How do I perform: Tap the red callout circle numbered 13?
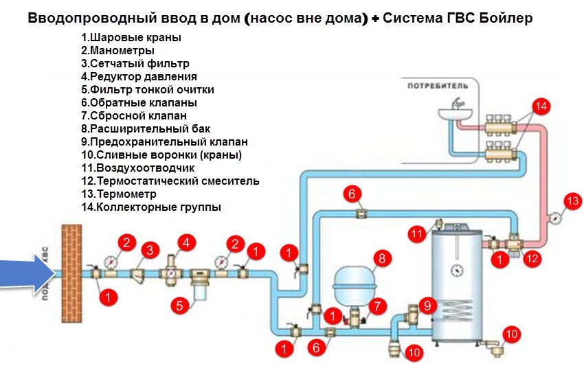[x=573, y=201]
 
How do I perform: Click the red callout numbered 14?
[x=542, y=106]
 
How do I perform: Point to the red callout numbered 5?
[x=179, y=306]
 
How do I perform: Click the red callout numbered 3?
[x=149, y=251]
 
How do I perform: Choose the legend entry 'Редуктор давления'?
[x=139, y=76]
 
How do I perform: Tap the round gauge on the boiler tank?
[x=457, y=269]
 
